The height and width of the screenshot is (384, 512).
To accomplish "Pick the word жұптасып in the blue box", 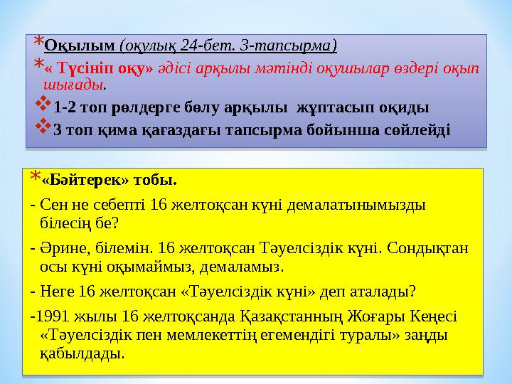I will click(x=328, y=108).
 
